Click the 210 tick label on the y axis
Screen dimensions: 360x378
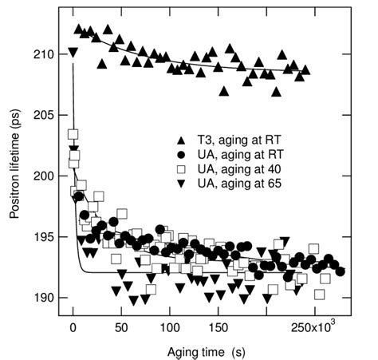coord(46,54)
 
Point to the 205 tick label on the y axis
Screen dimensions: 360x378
coord(46,115)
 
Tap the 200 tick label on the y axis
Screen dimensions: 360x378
coord(46,176)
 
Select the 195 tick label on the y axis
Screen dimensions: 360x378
coord(46,237)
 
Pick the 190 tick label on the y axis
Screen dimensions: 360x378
coord(46,298)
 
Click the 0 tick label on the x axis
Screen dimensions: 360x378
coord(73,326)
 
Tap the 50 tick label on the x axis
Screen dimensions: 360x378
coord(121,326)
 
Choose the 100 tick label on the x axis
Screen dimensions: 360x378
coord(170,326)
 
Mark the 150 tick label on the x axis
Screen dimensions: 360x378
coord(219,326)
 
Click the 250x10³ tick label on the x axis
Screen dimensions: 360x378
coord(312,326)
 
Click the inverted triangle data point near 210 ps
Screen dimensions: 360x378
coord(73,53)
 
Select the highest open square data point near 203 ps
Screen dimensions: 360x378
coord(73,135)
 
